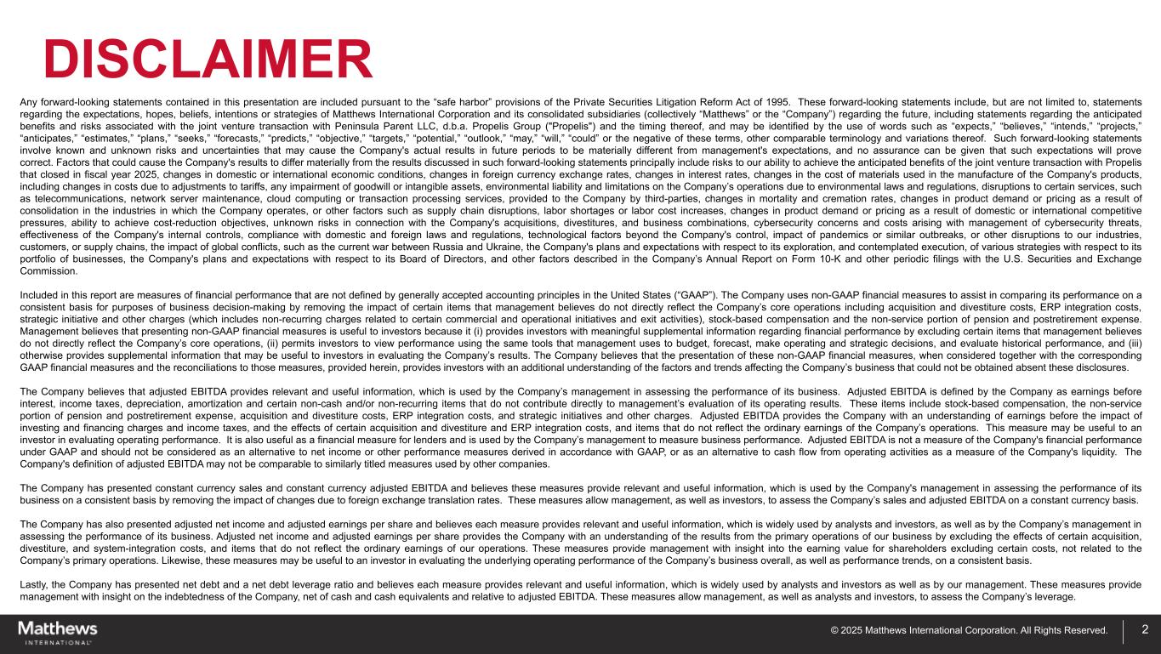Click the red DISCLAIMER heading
coord(208,60)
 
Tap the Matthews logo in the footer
coord(58,632)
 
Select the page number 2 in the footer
coord(1145,630)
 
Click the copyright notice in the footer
coord(969,631)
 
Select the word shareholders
coord(902,549)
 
